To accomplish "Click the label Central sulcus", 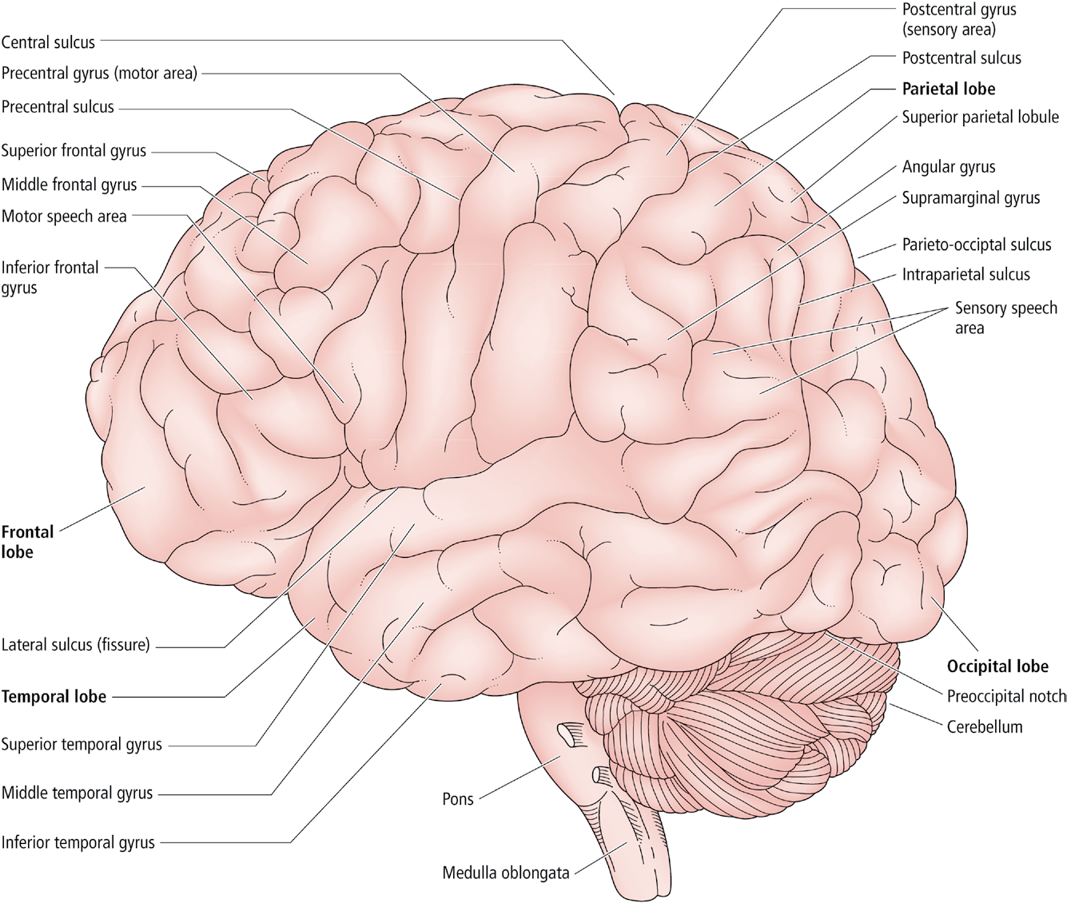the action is (48, 42).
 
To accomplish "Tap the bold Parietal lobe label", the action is (949, 89).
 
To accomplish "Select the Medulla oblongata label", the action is (506, 873).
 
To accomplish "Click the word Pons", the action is (458, 799).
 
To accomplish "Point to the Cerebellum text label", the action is (985, 726).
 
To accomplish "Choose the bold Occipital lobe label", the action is (997, 666).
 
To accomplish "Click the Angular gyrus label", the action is (949, 167).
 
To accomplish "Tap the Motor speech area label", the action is (64, 217).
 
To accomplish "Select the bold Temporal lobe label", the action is (54, 696).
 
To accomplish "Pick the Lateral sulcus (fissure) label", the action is (75, 644).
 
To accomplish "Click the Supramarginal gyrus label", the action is (971, 198).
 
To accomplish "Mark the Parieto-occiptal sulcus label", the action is (977, 245).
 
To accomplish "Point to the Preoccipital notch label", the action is (1006, 696).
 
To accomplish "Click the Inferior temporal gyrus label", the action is (78, 842).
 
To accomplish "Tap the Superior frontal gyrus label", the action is (74, 151).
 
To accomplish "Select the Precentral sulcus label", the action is (58, 107).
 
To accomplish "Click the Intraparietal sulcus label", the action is (965, 275).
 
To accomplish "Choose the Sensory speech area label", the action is (1006, 318).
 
